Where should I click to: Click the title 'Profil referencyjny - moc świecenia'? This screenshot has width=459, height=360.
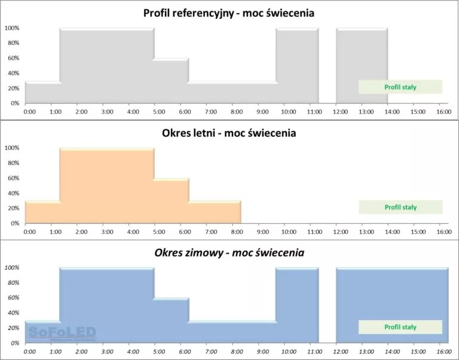click(x=229, y=13)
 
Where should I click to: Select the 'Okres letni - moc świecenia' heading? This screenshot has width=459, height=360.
click(x=229, y=133)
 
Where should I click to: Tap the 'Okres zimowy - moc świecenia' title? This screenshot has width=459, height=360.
click(x=229, y=253)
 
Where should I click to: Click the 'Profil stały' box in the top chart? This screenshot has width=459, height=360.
click(x=400, y=87)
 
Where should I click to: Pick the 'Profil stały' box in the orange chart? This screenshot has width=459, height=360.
click(x=400, y=207)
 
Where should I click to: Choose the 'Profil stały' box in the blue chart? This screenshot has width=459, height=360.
click(x=400, y=327)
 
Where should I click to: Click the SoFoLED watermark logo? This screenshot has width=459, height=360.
click(x=62, y=331)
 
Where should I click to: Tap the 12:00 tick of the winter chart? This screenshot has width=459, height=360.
click(x=339, y=352)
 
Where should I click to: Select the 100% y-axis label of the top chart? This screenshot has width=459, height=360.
click(x=13, y=28)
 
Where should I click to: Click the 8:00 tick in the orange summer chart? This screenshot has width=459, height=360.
click(x=237, y=231)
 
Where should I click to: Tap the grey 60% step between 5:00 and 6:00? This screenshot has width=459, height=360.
click(x=172, y=81)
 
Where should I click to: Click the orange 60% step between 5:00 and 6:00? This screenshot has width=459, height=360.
click(x=172, y=201)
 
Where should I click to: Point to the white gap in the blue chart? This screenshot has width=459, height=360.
click(x=327, y=305)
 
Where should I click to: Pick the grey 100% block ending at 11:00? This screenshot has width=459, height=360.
click(x=296, y=66)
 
